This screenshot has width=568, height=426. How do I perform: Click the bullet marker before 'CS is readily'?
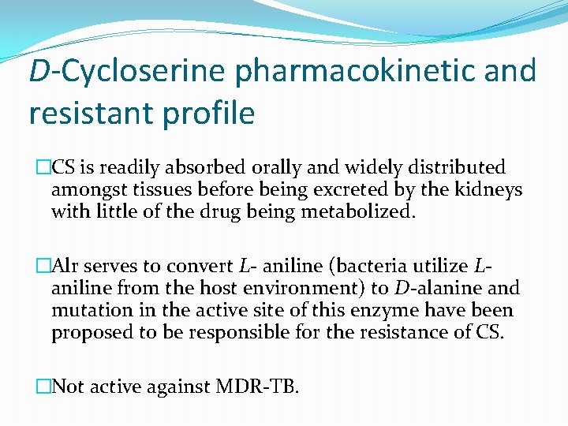[x=43, y=168]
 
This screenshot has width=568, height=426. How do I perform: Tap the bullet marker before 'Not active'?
[x=43, y=387]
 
